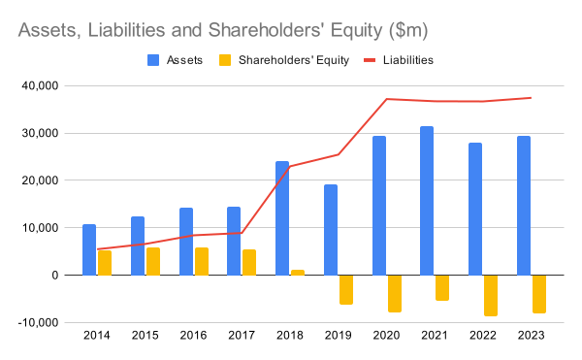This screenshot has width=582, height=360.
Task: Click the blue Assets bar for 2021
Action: [x=427, y=201]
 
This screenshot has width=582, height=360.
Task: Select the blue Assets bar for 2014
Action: [x=89, y=249]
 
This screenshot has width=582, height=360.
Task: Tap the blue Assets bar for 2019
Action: [x=331, y=230]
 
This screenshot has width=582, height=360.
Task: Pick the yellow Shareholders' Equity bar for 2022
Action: [x=491, y=295]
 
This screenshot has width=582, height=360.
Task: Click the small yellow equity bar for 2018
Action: [x=298, y=273]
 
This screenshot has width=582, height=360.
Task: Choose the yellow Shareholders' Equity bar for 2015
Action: [x=153, y=261]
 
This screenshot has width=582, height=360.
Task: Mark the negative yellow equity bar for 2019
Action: [x=346, y=290]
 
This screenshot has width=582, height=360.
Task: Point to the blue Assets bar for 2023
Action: [x=524, y=206]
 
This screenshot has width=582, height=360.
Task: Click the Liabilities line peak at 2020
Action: [x=386, y=99]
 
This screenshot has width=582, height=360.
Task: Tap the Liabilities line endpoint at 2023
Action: [x=532, y=98]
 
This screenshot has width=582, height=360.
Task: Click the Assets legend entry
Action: [x=175, y=60]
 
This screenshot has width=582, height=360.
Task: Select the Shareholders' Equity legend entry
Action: [x=284, y=60]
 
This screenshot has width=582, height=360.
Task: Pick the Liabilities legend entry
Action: [x=399, y=60]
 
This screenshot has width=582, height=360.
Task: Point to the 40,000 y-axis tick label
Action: [x=41, y=85]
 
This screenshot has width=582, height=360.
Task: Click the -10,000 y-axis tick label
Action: [x=38, y=322]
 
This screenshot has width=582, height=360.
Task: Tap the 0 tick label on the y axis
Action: [x=55, y=276]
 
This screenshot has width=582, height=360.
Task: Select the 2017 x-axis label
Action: [x=242, y=335]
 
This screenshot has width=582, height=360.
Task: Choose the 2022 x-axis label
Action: [x=483, y=335]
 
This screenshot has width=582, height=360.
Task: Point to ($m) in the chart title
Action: [x=408, y=30]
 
